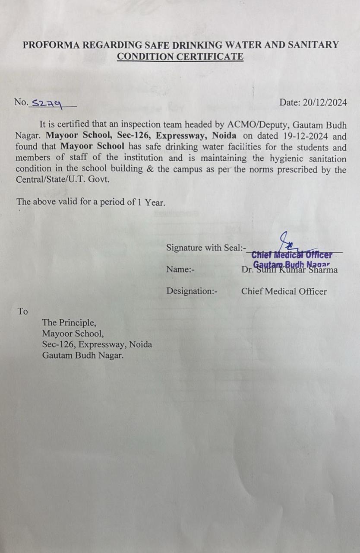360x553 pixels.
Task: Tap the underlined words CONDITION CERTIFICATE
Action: (180, 56)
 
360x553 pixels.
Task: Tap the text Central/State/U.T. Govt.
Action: (63, 179)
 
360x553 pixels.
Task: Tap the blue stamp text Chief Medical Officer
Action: (292, 255)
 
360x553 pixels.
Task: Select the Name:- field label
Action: (180, 270)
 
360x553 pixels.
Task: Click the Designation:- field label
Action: (192, 291)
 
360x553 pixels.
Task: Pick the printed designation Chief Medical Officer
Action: (284, 291)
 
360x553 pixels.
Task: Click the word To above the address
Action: (22, 311)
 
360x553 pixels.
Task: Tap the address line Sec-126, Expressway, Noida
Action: (97, 345)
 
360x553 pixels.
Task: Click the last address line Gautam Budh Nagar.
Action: (82, 356)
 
